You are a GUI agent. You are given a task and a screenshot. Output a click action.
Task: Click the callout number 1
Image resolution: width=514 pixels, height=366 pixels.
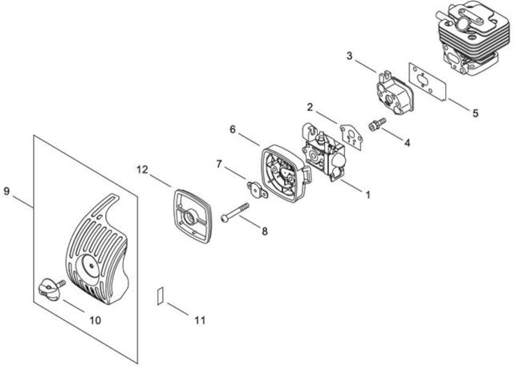click(x=368, y=195)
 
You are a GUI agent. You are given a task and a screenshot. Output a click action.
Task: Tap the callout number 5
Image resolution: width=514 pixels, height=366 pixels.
click(x=475, y=113)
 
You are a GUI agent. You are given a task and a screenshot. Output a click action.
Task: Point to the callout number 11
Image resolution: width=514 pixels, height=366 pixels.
click(x=200, y=320)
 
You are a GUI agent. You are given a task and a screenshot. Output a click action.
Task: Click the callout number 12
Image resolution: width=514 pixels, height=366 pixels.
click(x=142, y=170)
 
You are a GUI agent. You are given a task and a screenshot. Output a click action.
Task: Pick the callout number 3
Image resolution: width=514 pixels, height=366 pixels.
click(x=349, y=56)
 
